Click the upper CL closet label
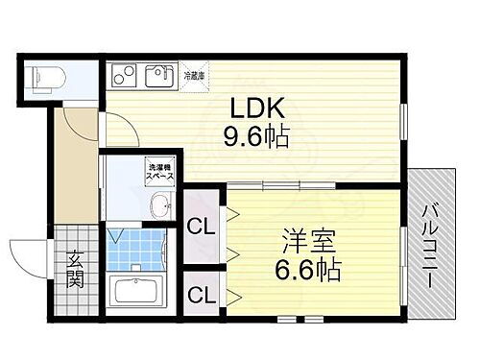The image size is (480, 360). point(201,228)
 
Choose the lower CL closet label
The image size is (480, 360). point(201,294)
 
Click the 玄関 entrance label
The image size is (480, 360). point(75,271)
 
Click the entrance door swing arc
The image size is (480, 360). point(31,254)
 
